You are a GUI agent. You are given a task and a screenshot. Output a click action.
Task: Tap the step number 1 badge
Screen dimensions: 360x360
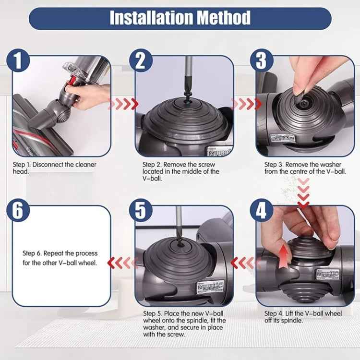(18, 61)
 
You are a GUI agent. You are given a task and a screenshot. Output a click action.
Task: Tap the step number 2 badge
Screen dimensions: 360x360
(140, 61)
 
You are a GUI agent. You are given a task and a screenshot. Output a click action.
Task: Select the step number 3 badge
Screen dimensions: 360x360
(261, 61)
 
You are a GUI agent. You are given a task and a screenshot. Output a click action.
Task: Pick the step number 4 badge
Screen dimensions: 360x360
(261, 211)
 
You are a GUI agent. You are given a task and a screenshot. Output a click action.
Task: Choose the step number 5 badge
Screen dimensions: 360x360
(140, 211)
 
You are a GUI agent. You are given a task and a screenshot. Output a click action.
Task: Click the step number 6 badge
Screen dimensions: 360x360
(18, 211)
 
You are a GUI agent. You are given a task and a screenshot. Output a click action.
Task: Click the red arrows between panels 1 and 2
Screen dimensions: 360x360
(123, 104)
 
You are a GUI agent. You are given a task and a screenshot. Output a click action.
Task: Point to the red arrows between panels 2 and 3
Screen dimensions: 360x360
(247, 104)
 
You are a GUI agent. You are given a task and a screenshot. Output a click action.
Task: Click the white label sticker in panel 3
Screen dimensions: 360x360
(283, 138)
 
